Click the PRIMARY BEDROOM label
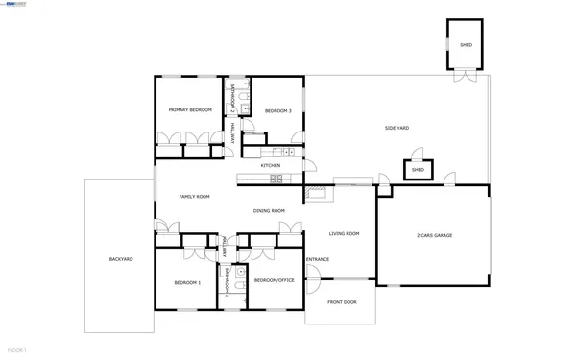(x=190, y=110)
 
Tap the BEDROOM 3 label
(x=278, y=110)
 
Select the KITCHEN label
(x=270, y=165)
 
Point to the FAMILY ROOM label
(x=194, y=197)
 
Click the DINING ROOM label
(x=269, y=210)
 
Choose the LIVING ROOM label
(x=345, y=234)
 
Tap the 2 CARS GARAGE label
(x=434, y=235)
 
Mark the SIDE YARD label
(x=397, y=128)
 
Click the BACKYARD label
(x=121, y=259)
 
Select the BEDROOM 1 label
(x=187, y=282)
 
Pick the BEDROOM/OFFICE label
(x=275, y=280)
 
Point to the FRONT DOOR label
(x=342, y=302)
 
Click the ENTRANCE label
(x=318, y=260)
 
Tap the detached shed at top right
(x=466, y=45)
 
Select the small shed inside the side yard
(x=418, y=170)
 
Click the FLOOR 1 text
(x=17, y=350)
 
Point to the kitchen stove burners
(x=276, y=179)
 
